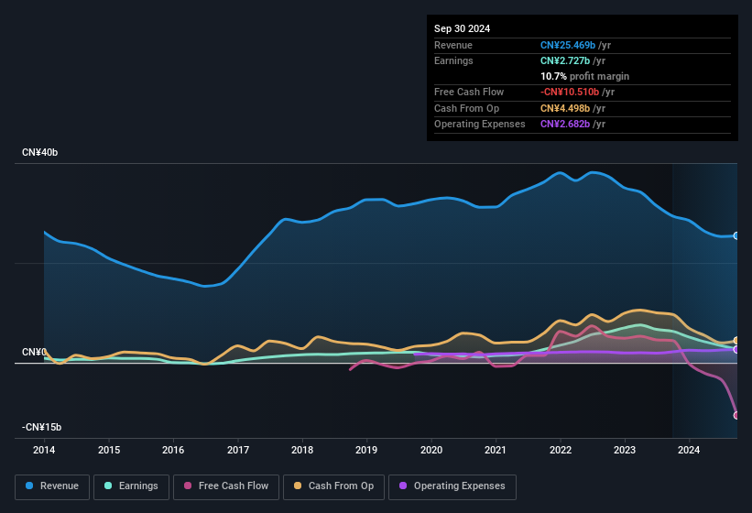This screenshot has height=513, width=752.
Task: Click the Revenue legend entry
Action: (52, 486)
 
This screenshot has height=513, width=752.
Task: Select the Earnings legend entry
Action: (131, 486)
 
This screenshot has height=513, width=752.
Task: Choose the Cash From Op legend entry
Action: (334, 486)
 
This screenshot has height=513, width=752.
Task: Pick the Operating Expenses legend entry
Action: (452, 486)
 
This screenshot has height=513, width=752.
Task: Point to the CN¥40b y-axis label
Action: (40, 152)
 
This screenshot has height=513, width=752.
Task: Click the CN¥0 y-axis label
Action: (34, 353)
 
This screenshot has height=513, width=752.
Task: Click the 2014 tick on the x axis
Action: (44, 451)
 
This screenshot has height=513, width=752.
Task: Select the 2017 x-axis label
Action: (238, 451)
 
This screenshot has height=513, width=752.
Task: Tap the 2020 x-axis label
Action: (431, 451)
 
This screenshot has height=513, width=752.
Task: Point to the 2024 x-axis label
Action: (689, 451)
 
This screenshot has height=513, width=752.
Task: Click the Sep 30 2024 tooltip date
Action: (463, 28)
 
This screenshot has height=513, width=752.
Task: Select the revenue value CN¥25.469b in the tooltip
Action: (569, 45)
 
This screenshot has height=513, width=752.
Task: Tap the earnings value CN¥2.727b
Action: (566, 60)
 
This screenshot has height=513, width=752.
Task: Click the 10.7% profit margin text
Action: (584, 76)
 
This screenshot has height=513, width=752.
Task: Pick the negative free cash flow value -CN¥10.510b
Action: (569, 92)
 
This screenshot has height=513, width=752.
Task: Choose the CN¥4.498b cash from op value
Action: (566, 108)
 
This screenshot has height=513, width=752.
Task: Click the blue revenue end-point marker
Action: (736, 235)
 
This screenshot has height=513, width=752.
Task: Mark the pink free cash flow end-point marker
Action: (736, 415)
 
